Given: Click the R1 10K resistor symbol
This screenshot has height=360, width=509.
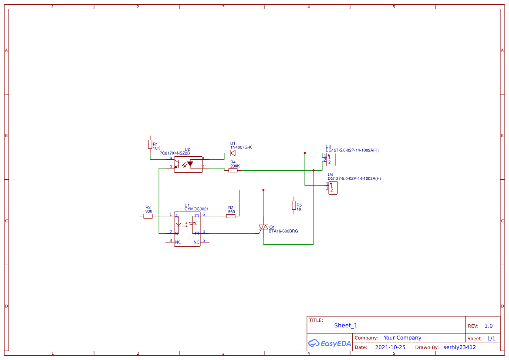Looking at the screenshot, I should [x=150, y=145].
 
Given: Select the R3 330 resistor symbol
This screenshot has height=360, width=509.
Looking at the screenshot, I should [x=148, y=216].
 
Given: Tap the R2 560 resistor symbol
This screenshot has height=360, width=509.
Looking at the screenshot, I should [x=231, y=216].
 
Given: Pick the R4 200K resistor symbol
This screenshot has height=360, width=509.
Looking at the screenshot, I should [x=233, y=170].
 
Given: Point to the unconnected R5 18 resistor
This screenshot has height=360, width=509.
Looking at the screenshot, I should [x=294, y=205].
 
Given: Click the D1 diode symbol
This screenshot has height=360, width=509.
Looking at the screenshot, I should [x=233, y=153].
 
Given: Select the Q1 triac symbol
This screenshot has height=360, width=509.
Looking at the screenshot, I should [x=263, y=227].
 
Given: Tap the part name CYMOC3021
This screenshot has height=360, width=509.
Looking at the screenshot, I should [x=196, y=209].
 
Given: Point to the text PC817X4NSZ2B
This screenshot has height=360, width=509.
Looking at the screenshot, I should [x=175, y=153].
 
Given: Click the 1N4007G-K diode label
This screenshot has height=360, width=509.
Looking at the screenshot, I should [x=241, y=148].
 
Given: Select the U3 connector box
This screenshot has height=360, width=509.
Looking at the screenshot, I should [x=331, y=160].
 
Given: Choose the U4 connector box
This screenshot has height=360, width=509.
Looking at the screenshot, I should [x=333, y=188].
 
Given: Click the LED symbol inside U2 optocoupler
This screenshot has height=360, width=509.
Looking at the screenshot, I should [x=190, y=164].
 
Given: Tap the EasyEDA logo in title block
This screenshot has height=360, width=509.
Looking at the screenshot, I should [x=330, y=343].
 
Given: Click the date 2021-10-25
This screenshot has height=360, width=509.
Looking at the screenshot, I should [x=390, y=347].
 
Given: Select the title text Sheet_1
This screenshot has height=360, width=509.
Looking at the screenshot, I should [x=346, y=325].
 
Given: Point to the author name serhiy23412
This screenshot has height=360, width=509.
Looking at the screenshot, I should [x=459, y=347].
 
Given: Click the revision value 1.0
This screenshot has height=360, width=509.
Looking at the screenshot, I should [x=489, y=326].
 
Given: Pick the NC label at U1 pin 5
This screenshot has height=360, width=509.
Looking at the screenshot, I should [x=196, y=242].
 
